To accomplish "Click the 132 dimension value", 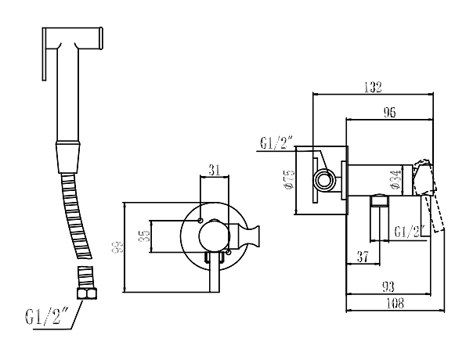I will point(373,87).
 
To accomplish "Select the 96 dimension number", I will point(390,112).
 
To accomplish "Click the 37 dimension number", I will point(363,257).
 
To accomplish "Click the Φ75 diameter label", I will point(287,180).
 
